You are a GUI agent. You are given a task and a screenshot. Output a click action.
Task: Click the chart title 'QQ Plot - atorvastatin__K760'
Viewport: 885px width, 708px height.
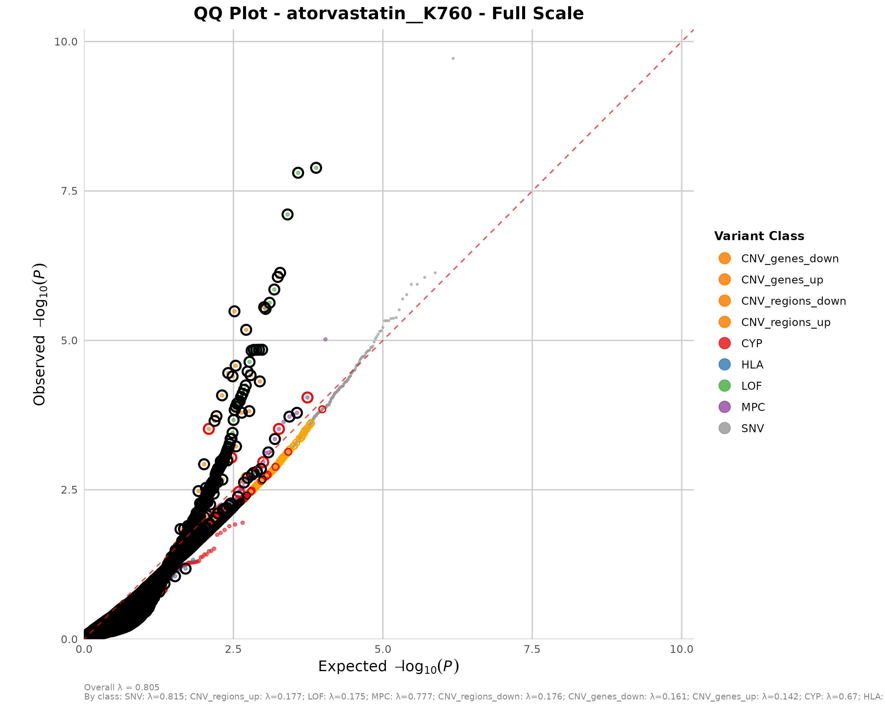point(388,14)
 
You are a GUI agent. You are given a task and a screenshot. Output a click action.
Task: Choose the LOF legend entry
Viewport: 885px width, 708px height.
point(751,386)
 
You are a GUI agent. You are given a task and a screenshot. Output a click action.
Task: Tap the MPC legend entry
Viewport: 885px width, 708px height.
point(753,407)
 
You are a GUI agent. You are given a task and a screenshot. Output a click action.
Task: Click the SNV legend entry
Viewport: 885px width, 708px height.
point(752,429)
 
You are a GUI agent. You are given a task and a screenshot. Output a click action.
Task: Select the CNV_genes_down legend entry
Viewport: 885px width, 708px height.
point(789,259)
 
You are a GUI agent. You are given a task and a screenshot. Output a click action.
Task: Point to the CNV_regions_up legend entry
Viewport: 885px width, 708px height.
point(785,322)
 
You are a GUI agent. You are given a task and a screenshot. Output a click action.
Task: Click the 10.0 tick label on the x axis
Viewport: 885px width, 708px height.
point(681,649)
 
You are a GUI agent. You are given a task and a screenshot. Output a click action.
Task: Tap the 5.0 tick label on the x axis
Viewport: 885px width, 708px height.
point(383,649)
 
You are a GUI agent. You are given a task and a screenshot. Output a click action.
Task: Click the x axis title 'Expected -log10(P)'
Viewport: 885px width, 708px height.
point(388,666)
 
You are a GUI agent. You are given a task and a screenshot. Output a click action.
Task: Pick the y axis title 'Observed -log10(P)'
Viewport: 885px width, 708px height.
point(40,334)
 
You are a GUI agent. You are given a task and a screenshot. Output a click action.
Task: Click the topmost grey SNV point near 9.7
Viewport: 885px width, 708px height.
point(453,59)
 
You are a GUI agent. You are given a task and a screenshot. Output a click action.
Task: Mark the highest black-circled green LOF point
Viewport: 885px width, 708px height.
point(316,168)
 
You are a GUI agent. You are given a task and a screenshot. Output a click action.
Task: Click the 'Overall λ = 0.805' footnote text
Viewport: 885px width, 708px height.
point(122,687)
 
